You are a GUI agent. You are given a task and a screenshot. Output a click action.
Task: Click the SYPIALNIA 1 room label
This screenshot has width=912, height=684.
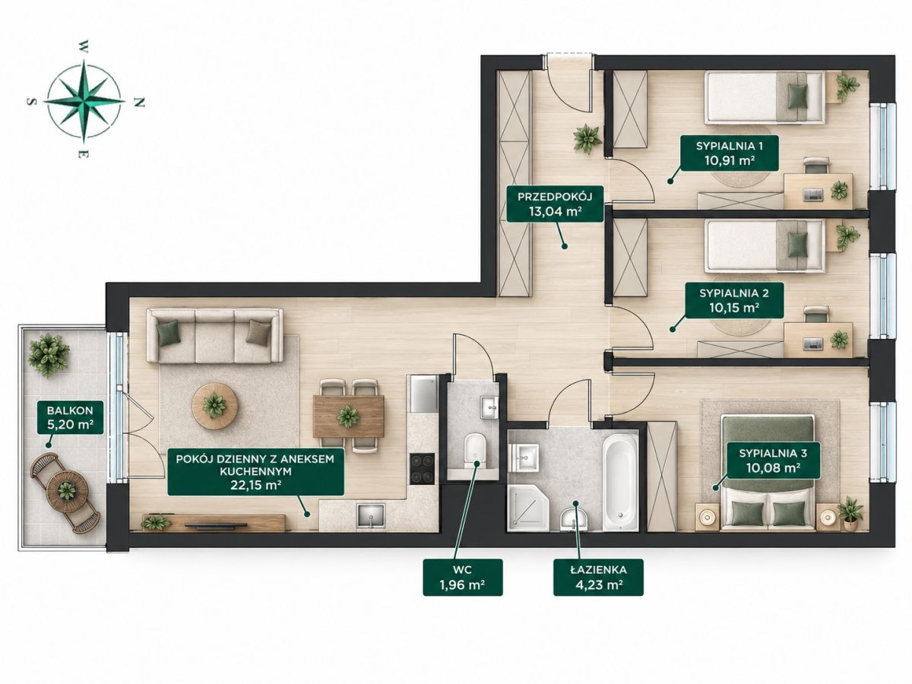729,153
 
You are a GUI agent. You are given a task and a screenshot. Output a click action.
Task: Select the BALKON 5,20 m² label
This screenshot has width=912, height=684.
70,417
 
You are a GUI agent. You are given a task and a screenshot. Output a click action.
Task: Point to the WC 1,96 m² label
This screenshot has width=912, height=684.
462,577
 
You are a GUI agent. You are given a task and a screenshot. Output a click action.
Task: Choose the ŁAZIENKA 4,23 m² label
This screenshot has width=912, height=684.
598,577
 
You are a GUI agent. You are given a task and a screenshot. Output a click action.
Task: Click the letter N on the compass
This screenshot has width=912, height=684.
140,102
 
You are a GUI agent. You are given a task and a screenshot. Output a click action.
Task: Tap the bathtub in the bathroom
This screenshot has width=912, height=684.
620,482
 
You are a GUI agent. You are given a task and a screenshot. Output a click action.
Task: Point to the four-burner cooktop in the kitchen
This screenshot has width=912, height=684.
423,468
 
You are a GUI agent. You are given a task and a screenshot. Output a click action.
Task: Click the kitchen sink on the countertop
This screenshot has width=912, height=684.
371,515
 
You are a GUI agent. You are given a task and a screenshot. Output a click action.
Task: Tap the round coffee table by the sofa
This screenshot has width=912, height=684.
215,405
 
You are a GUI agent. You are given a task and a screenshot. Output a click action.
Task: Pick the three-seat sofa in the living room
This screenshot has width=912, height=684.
215,336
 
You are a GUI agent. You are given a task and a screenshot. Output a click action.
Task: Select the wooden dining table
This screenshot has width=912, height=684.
349,416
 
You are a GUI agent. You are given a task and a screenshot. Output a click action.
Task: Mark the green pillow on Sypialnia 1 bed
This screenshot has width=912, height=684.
797,97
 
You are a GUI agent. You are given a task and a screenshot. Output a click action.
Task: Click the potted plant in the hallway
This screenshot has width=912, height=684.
587,139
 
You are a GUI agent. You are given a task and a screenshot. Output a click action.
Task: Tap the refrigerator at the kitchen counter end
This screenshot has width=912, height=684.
423,393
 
